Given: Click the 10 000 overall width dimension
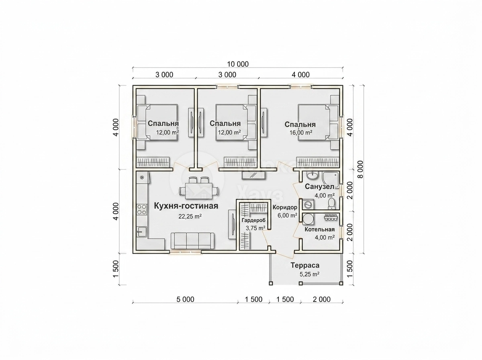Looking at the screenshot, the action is pos(238,64).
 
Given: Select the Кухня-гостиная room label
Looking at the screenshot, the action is pos(186,206).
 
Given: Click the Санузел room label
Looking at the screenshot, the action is pos(319,187).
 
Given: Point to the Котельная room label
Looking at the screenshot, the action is pos(319,229).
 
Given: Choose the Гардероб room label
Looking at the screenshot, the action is pos(253,220).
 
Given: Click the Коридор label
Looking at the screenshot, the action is pos(285,207).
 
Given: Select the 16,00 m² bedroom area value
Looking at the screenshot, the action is pos(302,133).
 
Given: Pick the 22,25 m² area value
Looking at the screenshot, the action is pos(190,216).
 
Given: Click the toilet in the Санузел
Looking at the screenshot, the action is pos(331,204).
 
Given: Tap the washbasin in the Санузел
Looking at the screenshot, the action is pos(312,176).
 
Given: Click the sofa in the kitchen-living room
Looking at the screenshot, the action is pos(192,241).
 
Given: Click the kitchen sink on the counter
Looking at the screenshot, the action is pos(142,231).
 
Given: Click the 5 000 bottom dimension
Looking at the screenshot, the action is pos(185,299).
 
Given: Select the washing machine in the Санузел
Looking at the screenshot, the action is pos(308,205).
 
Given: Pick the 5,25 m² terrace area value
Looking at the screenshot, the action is pos(309,274).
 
